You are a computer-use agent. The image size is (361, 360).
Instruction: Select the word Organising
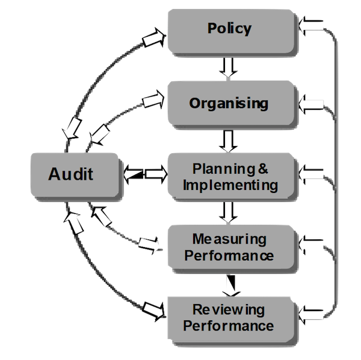(x=228, y=103)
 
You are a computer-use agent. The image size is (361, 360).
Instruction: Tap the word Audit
(x=71, y=175)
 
